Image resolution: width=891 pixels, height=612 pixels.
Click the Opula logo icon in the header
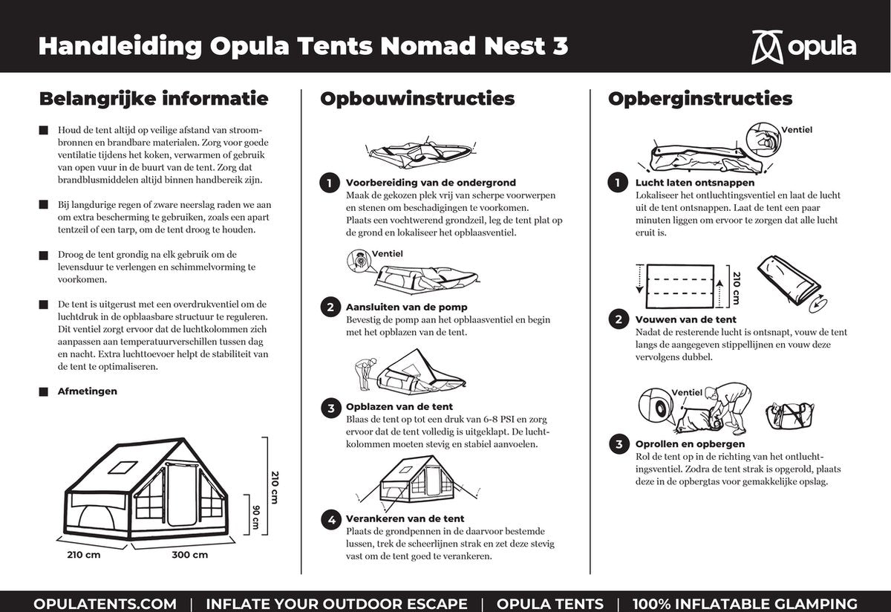coord(767,47)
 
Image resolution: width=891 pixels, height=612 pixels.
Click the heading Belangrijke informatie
coord(154,99)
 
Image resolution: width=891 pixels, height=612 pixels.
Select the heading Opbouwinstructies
coord(417,99)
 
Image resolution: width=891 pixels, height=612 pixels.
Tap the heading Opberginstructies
coord(700,99)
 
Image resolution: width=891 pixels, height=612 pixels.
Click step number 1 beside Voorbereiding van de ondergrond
coord(330,183)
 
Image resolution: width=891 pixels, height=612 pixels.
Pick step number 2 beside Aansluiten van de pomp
coord(330,307)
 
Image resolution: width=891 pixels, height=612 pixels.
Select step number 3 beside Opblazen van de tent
coord(330,407)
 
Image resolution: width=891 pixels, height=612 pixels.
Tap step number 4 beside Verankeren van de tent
coord(330,519)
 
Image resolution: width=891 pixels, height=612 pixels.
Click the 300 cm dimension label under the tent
coord(190,555)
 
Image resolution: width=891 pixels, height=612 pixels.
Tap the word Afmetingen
coord(88,391)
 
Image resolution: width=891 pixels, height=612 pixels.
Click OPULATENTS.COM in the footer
coord(105,604)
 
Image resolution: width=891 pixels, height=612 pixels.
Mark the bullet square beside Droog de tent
coord(44,255)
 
